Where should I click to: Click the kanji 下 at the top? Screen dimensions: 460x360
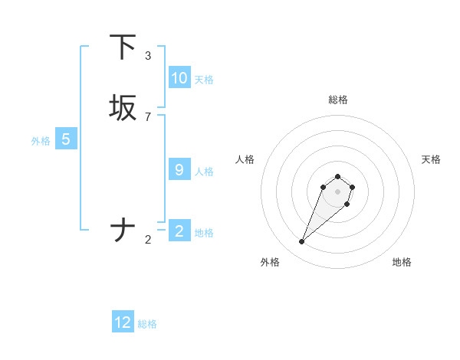123,47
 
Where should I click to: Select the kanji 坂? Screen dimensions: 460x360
123,108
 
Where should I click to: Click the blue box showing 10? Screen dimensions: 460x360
179,78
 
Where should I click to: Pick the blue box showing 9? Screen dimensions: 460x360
179,170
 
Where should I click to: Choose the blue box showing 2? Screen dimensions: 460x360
179,231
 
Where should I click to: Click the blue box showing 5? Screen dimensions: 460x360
66,139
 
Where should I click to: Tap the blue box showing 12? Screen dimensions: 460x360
123,322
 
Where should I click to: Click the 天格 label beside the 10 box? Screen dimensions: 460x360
204,80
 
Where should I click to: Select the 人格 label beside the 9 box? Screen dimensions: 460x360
204,172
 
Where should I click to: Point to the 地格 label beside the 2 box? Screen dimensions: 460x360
204,232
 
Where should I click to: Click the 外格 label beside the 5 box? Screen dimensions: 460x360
41,141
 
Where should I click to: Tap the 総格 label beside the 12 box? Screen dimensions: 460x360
147,324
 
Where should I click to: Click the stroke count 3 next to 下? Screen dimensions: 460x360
148,55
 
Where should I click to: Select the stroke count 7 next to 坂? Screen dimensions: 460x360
148,116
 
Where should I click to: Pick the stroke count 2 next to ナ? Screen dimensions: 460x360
148,240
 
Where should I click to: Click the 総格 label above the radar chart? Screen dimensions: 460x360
338,100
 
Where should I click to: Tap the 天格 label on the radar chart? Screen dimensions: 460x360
431,159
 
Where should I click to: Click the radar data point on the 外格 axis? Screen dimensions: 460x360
302,242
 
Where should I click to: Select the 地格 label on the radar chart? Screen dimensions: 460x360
402,262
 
